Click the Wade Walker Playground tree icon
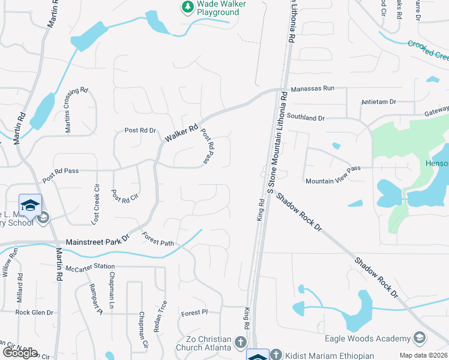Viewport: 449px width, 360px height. click(187, 7)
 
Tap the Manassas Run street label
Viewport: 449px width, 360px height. click(312, 88)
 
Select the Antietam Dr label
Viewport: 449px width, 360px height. click(379, 102)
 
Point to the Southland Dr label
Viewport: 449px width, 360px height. click(305, 118)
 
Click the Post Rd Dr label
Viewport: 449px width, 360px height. click(140, 130)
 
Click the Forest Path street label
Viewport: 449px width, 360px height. click(158, 239)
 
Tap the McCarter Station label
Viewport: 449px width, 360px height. click(90, 267)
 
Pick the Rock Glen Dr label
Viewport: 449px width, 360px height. click(34, 313)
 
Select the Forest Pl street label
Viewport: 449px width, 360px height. click(194, 313)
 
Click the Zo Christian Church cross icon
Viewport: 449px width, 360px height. click(240, 343)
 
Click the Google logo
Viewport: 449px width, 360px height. click(20, 353)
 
